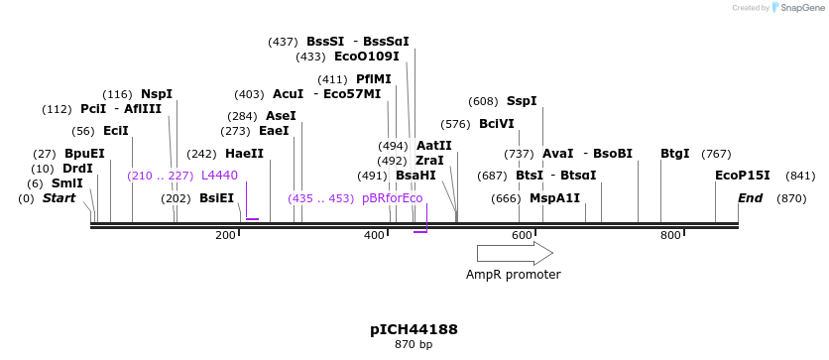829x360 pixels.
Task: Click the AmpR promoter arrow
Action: [515, 253]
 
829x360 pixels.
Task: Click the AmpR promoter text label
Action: [514, 275]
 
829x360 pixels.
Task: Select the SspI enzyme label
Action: [522, 101]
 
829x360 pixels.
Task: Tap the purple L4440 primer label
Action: [219, 176]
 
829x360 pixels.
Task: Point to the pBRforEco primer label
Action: [393, 198]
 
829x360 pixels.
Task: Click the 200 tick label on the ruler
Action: [226, 235]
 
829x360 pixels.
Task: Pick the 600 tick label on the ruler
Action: [523, 235]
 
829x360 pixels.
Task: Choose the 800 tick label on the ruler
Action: [670, 235]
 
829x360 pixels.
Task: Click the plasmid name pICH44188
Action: [414, 329]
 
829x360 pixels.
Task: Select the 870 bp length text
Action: [414, 345]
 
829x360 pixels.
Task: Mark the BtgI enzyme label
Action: [675, 154]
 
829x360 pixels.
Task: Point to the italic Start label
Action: [59, 198]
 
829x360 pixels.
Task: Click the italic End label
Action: [751, 198]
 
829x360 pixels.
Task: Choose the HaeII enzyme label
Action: [245, 154]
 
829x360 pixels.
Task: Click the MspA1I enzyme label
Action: [554, 198]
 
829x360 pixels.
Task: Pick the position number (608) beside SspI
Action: [484, 101]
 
